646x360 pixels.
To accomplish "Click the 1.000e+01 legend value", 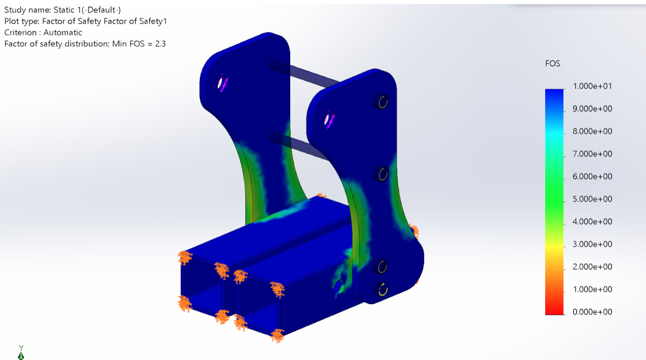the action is tap(592, 86).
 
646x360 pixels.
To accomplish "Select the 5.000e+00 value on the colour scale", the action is tap(592, 199).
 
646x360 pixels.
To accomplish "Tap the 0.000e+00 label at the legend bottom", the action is tap(592, 312).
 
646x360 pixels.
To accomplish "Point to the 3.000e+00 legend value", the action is tap(592, 244).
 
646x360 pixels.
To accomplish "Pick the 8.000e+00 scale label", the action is tap(592, 131).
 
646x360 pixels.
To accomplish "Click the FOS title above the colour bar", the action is tap(553, 64).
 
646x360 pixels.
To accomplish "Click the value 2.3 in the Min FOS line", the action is tap(160, 44).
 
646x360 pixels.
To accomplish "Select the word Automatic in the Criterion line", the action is tap(63, 32).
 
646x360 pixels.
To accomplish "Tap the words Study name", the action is tap(28, 10).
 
